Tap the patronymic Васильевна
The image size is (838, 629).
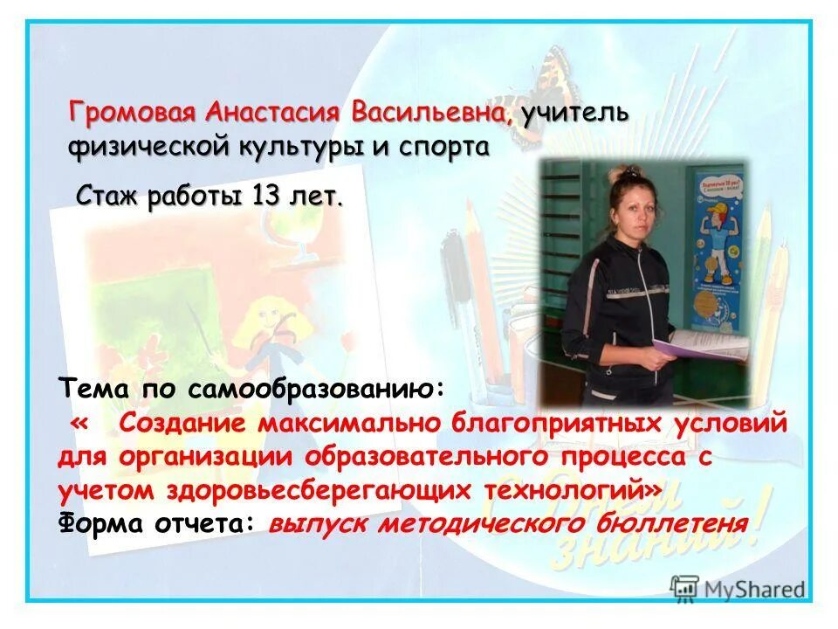429,113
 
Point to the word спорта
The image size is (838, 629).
443,146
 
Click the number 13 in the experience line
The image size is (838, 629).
265,196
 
